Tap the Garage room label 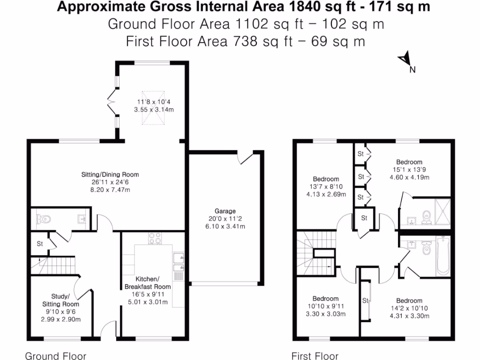point(226,211)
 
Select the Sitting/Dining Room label point(110,174)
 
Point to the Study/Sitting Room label point(61,300)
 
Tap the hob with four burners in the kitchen point(154,240)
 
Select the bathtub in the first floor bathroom point(442,256)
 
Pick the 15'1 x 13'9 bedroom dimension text point(409,170)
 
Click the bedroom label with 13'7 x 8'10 point(326,179)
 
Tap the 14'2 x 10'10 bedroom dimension point(409,308)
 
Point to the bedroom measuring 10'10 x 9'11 point(326,299)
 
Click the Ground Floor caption point(55,356)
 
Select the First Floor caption point(315,356)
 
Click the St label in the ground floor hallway point(40,244)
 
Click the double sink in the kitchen point(178,262)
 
